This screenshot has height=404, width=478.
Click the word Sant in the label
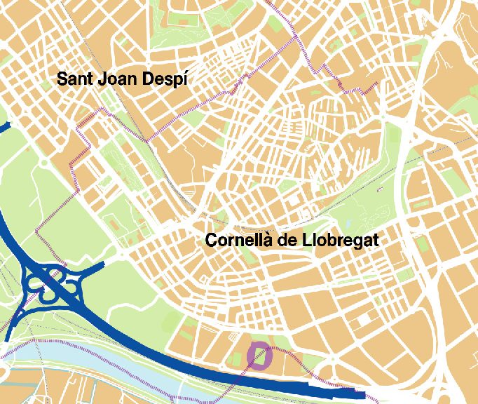(74, 79)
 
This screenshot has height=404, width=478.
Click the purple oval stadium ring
(260, 355)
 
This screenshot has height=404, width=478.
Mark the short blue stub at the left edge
(4, 127)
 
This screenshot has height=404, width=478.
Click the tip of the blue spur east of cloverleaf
(103, 264)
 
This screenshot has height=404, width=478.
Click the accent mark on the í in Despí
(186, 72)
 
